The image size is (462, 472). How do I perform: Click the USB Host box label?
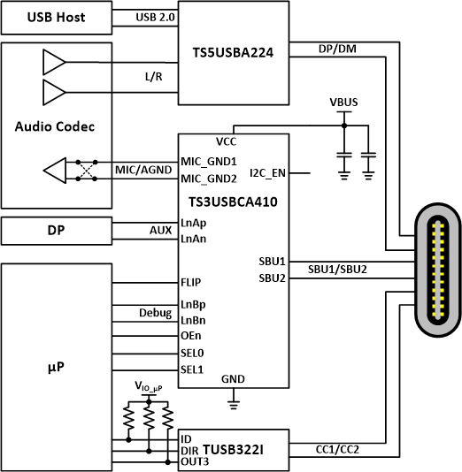(54, 17)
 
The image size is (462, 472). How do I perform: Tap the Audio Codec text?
(54, 126)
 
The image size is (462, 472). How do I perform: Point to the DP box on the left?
(54, 230)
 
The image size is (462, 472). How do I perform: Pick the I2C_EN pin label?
(267, 171)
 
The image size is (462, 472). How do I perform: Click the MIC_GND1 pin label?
(208, 161)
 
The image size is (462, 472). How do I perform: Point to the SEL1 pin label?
(192, 369)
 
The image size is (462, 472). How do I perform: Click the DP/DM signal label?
(337, 50)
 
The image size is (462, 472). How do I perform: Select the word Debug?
(155, 312)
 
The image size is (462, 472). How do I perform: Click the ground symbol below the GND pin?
(234, 404)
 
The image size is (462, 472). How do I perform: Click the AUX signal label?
(160, 228)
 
